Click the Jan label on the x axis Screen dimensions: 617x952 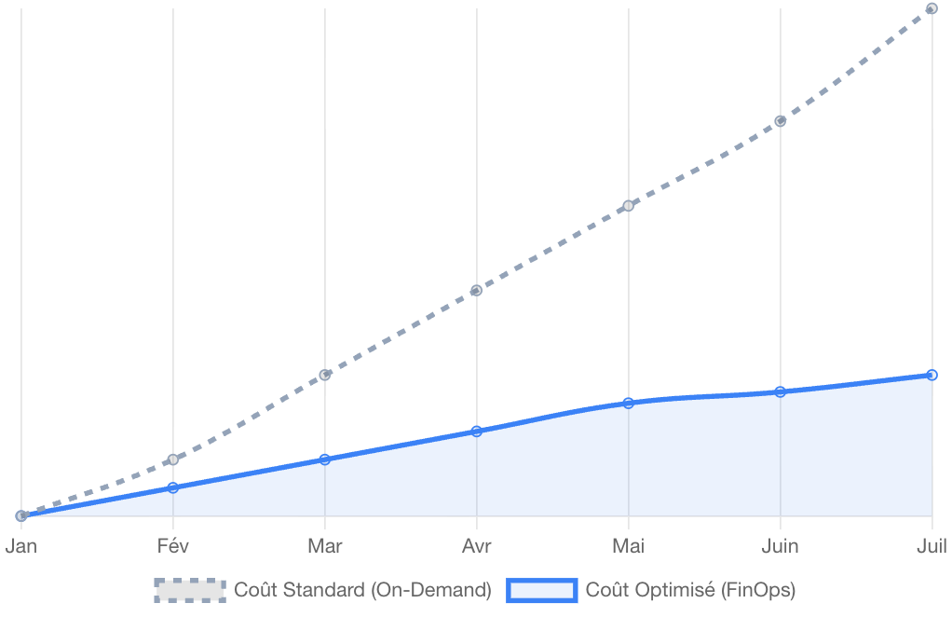(x=21, y=546)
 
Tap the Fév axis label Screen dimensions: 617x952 (x=173, y=546)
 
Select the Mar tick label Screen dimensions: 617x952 (x=324, y=546)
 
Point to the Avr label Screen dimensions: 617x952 (x=477, y=546)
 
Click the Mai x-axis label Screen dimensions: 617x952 (x=628, y=546)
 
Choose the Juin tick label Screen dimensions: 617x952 (x=780, y=546)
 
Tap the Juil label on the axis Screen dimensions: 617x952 (x=931, y=546)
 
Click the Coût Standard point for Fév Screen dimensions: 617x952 (x=172, y=459)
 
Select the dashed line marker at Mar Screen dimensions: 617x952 (x=325, y=375)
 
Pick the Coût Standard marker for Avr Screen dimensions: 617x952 (x=476, y=290)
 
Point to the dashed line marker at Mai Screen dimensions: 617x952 (x=628, y=205)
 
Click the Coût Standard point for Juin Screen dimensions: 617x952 (x=781, y=121)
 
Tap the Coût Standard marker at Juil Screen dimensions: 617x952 (x=932, y=9)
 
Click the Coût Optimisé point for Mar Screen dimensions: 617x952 (x=324, y=459)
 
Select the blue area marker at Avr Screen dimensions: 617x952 (x=476, y=431)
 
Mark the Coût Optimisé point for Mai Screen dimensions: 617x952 (x=628, y=403)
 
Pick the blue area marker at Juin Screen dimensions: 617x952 (x=781, y=391)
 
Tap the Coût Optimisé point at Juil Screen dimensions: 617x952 (x=932, y=375)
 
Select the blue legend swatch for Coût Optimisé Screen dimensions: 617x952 (x=542, y=590)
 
